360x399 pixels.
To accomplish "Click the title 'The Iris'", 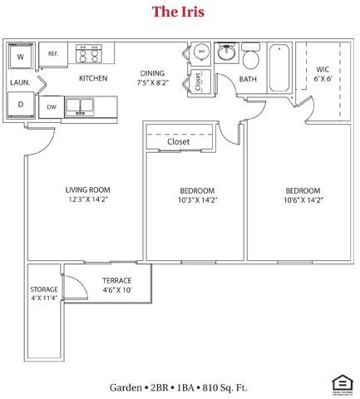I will [178, 12].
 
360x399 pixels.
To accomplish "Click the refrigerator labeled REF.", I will [53, 53].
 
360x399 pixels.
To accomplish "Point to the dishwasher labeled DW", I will [52, 106].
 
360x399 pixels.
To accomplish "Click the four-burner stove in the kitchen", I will [89, 54].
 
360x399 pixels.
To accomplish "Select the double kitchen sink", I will [81, 106].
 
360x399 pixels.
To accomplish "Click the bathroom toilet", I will [252, 58].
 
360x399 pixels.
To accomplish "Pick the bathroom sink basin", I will [226, 54].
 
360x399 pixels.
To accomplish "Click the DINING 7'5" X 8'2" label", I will [152, 78].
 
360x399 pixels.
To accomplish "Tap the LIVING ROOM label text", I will [88, 190].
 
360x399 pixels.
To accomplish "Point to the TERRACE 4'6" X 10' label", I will [116, 285].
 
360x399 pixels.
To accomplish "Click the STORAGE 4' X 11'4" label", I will [44, 294].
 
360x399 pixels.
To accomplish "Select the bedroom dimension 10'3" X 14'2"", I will [196, 199].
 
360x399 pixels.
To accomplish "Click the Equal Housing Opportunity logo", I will [340, 385].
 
